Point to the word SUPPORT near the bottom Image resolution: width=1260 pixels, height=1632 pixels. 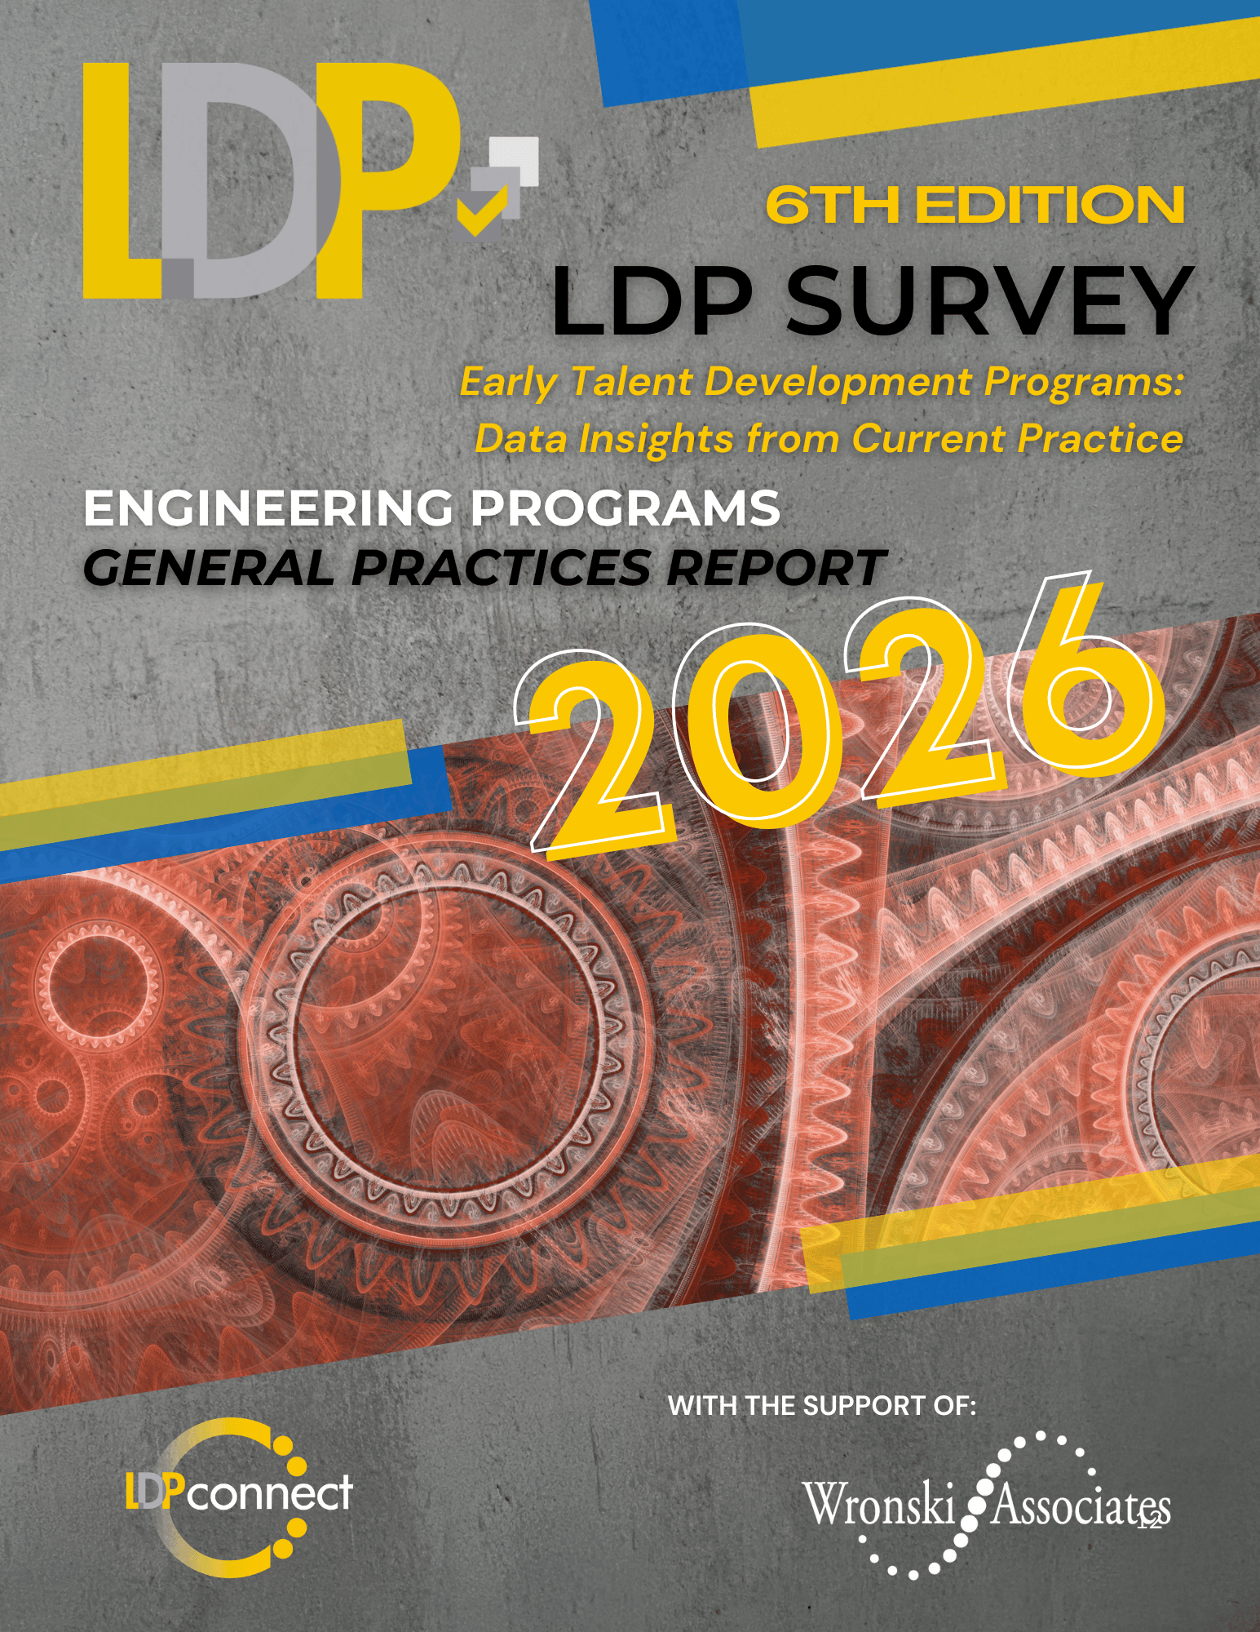coord(864,1406)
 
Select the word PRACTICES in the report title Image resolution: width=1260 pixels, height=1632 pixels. coord(502,567)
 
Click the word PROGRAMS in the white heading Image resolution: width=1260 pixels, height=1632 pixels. coord(625,508)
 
